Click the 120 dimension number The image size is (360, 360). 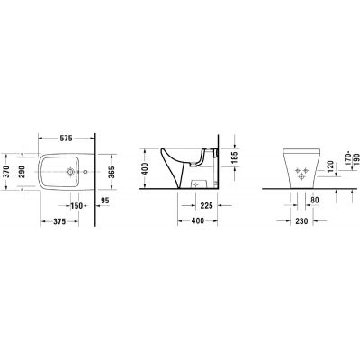(x=329, y=167)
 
